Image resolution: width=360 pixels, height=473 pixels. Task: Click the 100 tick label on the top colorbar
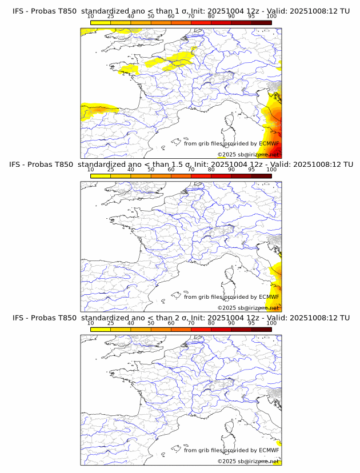pos(271,17)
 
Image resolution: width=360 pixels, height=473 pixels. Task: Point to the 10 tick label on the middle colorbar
pos(91,170)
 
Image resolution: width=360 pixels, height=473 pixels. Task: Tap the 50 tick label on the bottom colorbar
pos(151,323)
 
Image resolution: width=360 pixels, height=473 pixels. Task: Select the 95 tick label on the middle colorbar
pos(251,170)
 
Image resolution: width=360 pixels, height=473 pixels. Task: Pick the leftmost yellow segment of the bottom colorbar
pos(101,330)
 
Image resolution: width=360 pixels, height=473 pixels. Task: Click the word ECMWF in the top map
pos(269,143)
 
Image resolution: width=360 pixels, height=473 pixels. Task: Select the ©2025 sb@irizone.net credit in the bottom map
pos(249,460)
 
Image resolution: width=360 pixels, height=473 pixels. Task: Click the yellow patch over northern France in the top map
pos(171,61)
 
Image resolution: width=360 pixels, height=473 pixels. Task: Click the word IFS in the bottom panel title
pos(19,318)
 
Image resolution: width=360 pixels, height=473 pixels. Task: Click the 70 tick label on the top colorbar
pos(191,17)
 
